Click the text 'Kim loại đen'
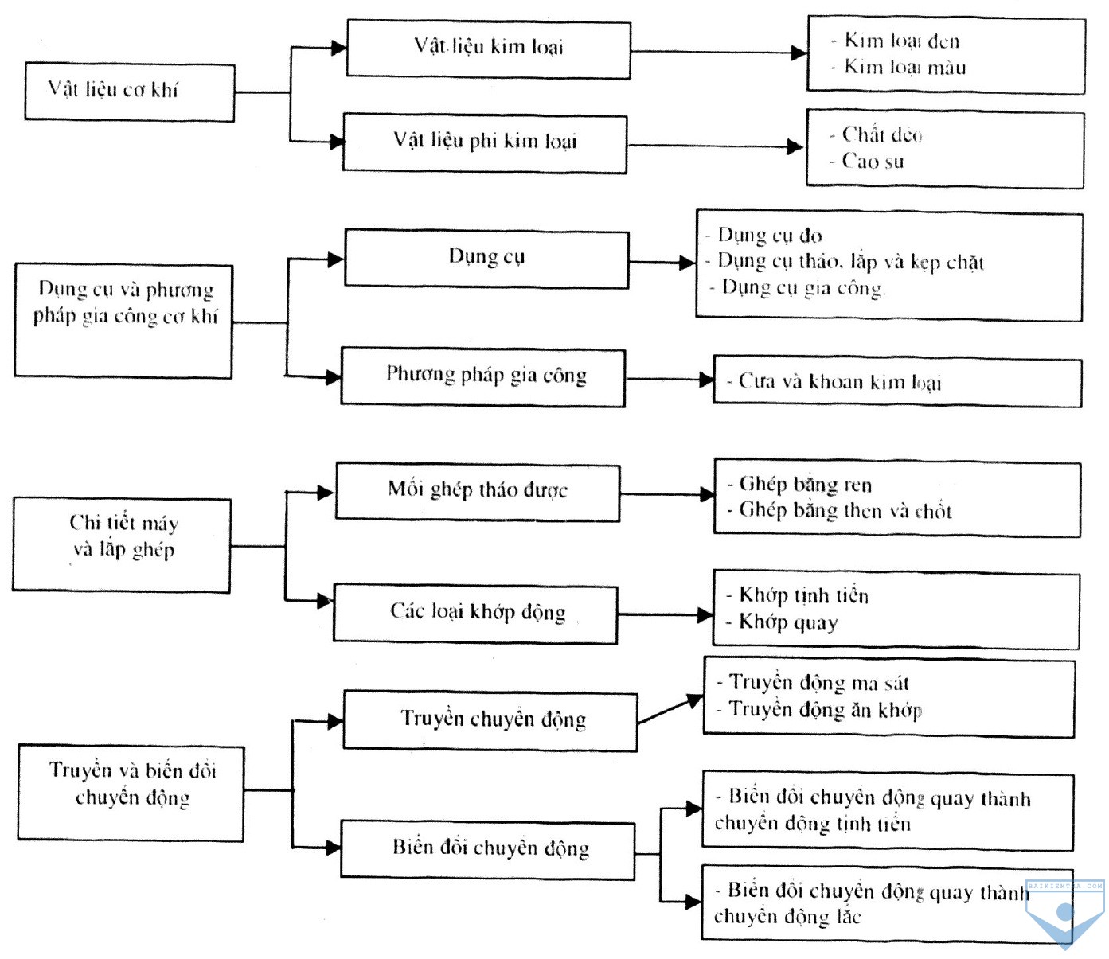click(x=901, y=41)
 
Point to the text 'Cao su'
click(x=873, y=161)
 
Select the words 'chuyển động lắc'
click(x=787, y=917)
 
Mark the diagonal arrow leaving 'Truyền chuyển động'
click(x=670, y=709)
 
